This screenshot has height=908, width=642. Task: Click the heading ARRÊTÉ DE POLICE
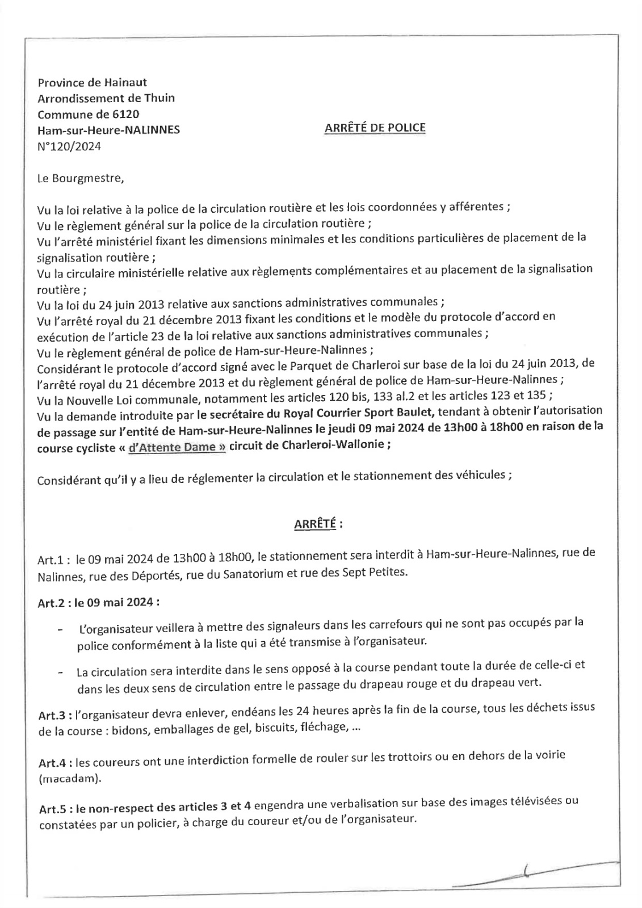[x=375, y=128]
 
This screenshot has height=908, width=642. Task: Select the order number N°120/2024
[x=69, y=146]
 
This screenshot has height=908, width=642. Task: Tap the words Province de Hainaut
[x=92, y=83]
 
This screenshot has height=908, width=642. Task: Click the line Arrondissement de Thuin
[x=106, y=98]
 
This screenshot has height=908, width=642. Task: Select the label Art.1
[x=53, y=560]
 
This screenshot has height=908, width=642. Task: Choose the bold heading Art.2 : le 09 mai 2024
[x=98, y=602]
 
